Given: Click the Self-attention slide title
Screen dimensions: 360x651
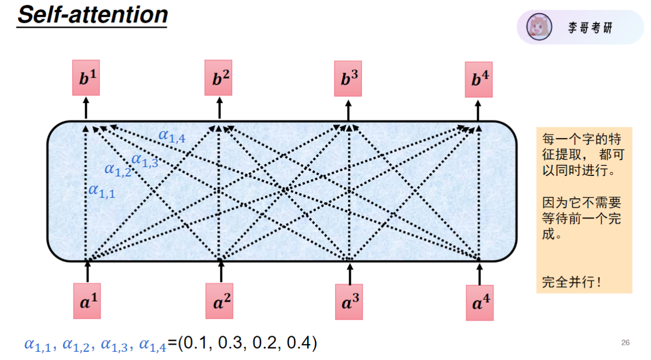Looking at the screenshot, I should (92, 14).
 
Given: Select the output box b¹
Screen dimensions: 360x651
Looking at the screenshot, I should (86, 78).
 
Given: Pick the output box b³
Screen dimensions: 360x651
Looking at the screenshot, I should (348, 78).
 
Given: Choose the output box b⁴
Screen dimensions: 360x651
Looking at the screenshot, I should (479, 79).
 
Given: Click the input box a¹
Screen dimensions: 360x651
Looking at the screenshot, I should (87, 300).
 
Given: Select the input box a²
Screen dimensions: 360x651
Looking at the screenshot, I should (219, 301).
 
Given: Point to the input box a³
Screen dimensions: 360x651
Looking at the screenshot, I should (349, 301).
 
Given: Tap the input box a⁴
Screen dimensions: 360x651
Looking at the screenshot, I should (479, 302).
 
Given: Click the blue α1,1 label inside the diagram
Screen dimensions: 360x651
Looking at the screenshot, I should (102, 191).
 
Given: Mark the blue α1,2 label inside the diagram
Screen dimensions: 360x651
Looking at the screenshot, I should (118, 170).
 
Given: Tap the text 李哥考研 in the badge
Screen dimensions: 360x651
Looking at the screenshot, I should (590, 28).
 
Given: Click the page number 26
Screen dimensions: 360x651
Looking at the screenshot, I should (625, 343).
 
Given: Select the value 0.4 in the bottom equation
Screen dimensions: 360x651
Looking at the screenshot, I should (298, 343).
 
